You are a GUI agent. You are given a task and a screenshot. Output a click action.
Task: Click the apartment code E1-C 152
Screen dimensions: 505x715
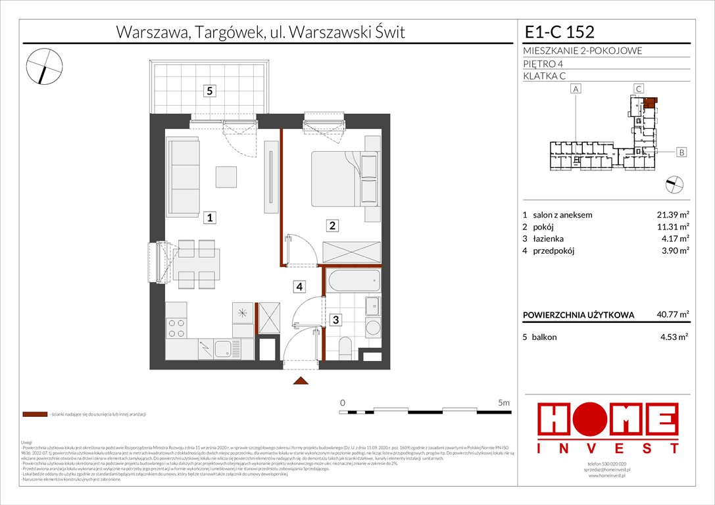tap(559, 32)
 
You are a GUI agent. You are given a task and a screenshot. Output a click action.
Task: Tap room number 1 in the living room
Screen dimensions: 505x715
tap(209, 218)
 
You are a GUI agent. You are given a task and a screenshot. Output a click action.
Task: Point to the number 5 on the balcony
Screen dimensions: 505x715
tap(209, 91)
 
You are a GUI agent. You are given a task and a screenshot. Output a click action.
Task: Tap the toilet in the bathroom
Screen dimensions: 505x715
tap(345, 348)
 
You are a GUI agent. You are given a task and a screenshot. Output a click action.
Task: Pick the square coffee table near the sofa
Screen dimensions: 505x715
tap(228, 176)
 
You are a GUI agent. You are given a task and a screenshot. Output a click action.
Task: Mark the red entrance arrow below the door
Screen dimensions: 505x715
tap(301, 381)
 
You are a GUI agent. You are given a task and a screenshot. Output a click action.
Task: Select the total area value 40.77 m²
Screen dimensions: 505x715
tap(672, 315)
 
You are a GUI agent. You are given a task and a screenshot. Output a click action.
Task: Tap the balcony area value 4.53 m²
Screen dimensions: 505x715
tap(674, 337)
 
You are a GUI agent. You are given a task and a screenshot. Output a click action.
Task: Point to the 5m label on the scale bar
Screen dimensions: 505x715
tap(503, 402)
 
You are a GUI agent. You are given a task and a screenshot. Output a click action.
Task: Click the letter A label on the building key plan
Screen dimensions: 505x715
tap(576, 89)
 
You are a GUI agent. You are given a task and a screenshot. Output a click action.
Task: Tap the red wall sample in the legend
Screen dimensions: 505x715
tap(35, 415)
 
